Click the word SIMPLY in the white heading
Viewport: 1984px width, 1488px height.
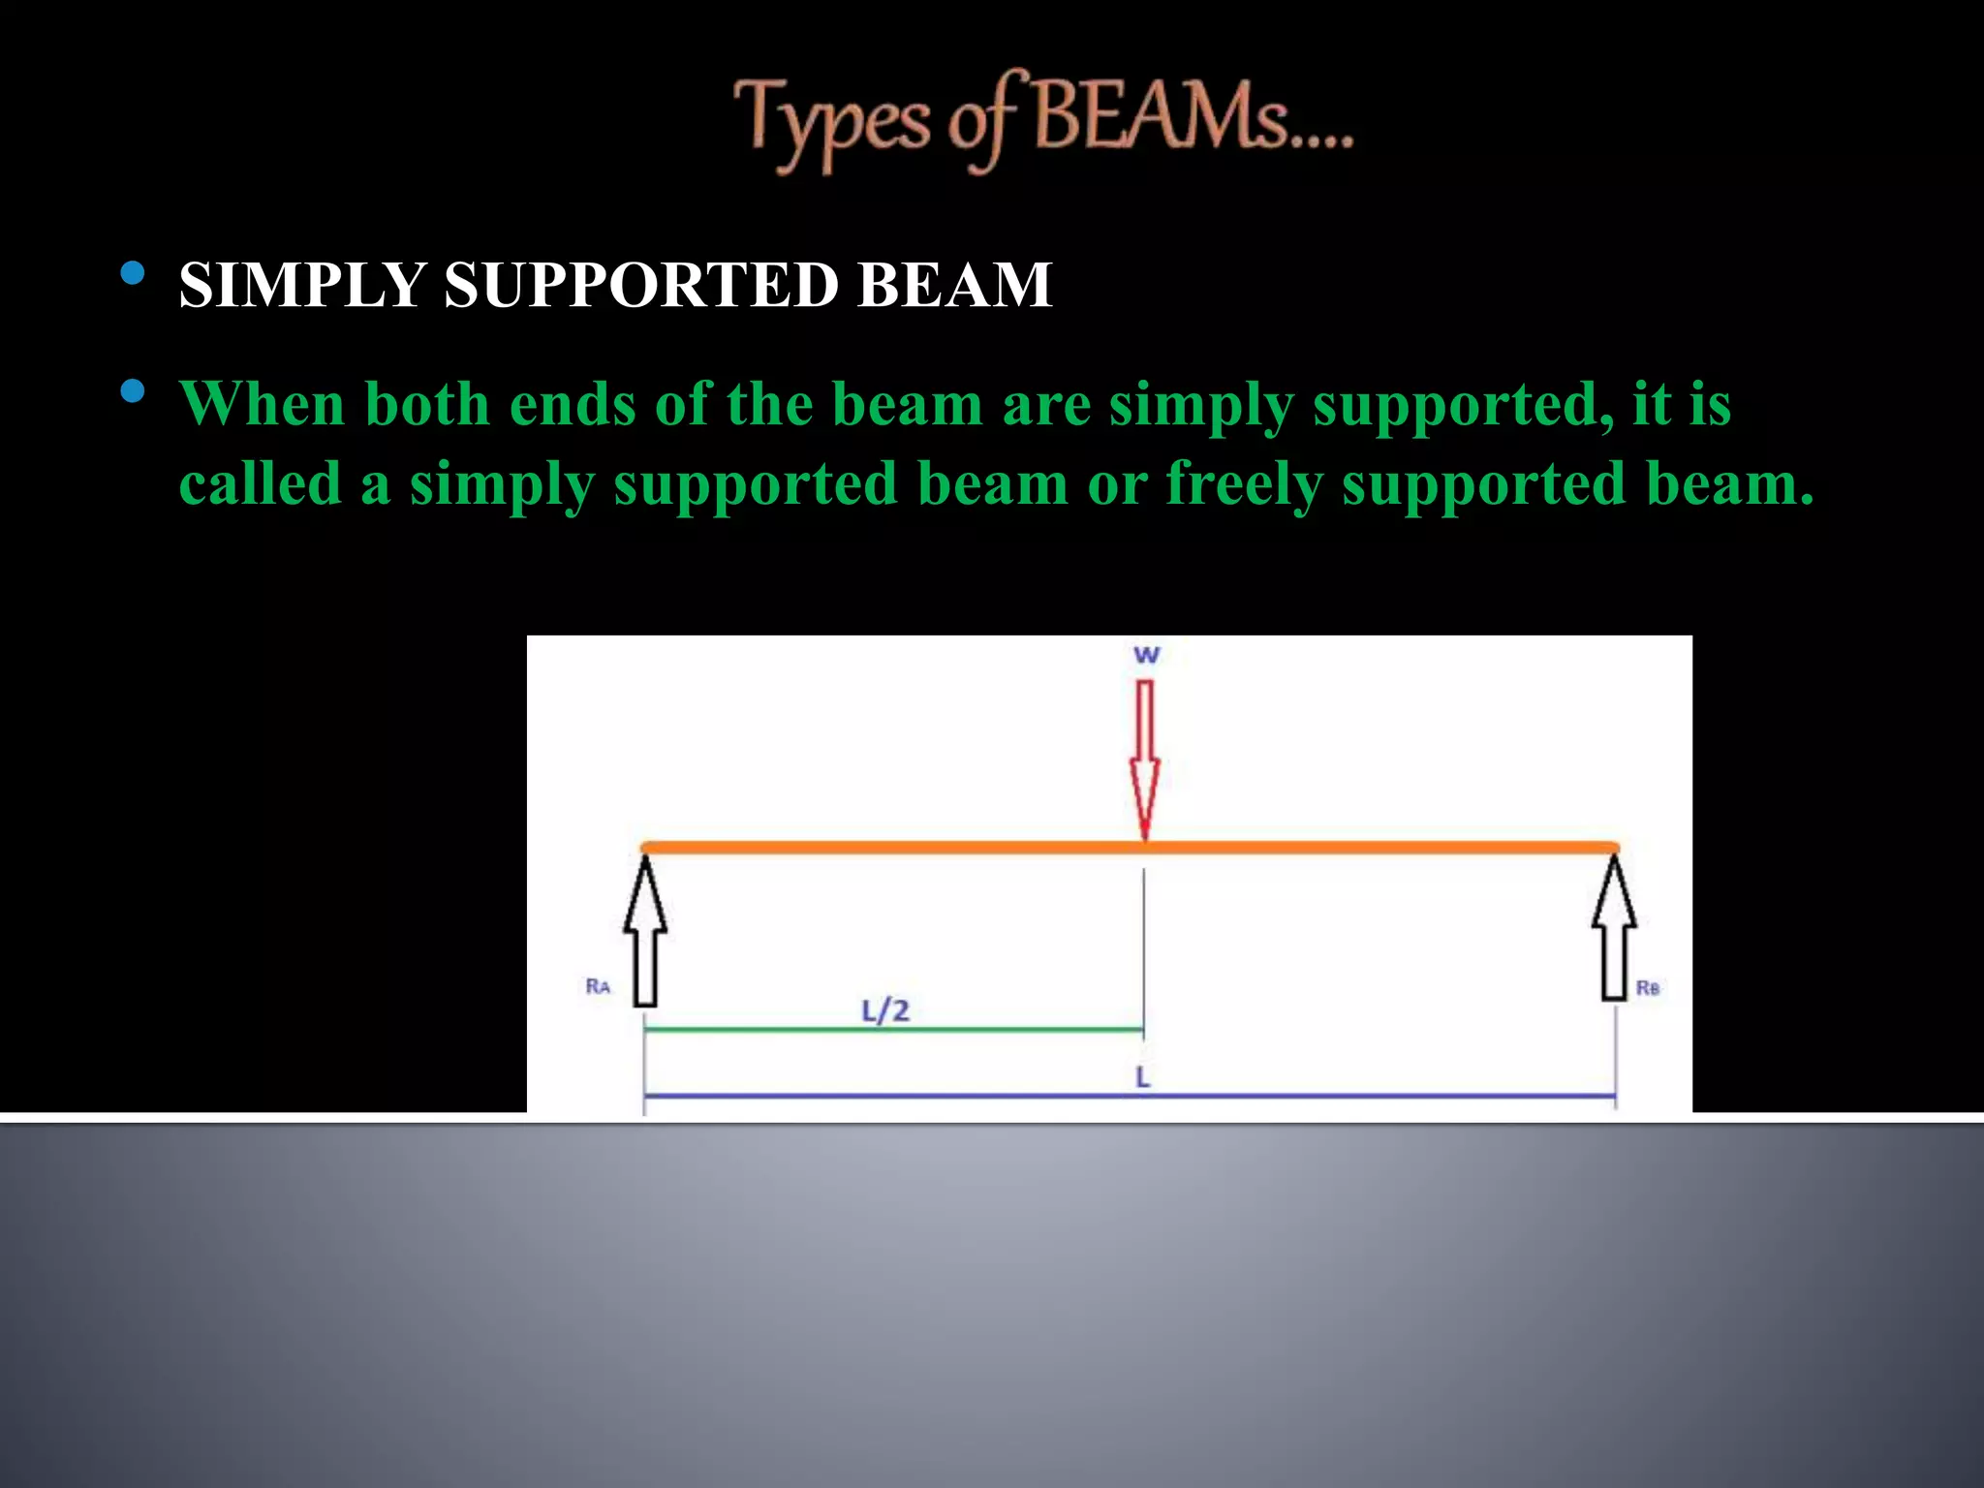click(x=302, y=285)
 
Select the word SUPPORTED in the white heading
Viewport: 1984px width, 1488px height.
click(x=641, y=285)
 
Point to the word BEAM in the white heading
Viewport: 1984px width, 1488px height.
click(x=954, y=285)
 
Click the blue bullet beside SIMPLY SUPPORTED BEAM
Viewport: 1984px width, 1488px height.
click(x=134, y=274)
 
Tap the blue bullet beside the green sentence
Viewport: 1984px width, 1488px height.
click(x=134, y=392)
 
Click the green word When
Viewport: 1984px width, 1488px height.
click(x=262, y=404)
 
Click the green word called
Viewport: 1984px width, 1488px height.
click(x=260, y=483)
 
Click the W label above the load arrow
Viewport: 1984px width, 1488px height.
click(x=1146, y=656)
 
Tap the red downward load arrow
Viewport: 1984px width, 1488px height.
click(x=1145, y=756)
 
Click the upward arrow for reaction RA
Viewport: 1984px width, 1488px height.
click(x=645, y=930)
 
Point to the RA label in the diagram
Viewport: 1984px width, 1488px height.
click(x=598, y=986)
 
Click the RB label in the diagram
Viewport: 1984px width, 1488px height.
click(x=1647, y=988)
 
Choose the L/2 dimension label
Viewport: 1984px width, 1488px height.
click(x=885, y=1011)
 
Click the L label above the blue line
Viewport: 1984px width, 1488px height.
click(x=1143, y=1077)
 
